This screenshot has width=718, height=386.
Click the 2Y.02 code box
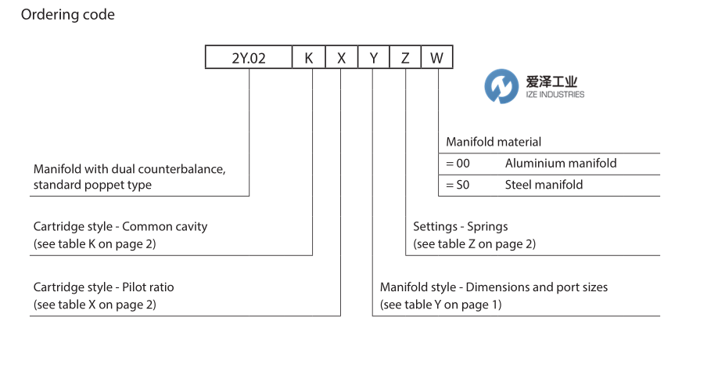[x=249, y=58]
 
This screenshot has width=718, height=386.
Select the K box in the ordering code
[x=309, y=58]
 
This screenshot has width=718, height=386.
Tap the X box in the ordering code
[x=341, y=58]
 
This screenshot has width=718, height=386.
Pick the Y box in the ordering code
[x=374, y=58]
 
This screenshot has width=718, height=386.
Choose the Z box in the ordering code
[x=405, y=58]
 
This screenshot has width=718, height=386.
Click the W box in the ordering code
[x=436, y=58]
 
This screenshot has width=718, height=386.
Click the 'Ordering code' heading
[x=68, y=15]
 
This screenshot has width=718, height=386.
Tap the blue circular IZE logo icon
[x=501, y=87]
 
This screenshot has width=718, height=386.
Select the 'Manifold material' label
[x=494, y=142]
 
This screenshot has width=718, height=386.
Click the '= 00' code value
[x=458, y=164]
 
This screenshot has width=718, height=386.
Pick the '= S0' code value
[x=458, y=185]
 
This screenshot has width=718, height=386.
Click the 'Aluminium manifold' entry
[x=561, y=164]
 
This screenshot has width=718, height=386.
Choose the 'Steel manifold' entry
[x=544, y=185]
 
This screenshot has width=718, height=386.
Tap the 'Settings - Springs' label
[x=460, y=226]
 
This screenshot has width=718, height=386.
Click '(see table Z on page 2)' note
[x=474, y=244]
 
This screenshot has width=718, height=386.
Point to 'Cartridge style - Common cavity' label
[x=120, y=226]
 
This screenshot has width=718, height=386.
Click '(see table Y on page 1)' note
[x=441, y=305]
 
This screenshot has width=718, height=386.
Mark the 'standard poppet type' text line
[x=92, y=186]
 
